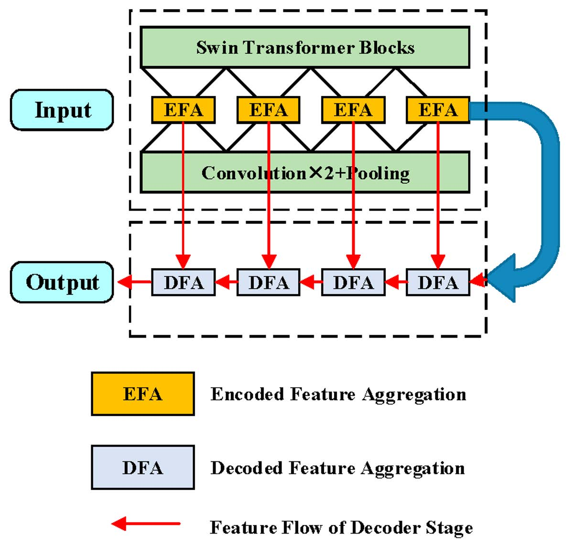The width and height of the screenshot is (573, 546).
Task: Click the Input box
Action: [62, 110]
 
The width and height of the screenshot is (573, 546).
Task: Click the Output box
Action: [62, 282]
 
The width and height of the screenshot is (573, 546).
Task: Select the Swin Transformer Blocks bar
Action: [305, 47]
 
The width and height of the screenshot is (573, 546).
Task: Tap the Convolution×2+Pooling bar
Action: [305, 173]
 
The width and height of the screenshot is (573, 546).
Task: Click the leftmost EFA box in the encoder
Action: [183, 110]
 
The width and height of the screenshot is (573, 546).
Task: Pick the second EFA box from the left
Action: [269, 110]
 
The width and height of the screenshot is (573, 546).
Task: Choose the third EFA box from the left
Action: [353, 110]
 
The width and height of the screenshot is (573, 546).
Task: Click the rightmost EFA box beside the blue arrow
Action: [438, 110]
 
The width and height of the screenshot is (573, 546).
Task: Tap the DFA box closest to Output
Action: [183, 283]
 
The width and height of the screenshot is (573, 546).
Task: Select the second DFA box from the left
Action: [269, 283]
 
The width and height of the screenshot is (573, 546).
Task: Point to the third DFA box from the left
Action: [353, 283]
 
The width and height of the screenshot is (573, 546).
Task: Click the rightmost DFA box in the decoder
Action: [438, 283]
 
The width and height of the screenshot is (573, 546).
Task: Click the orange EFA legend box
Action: [142, 394]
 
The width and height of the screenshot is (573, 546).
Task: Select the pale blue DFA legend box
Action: [142, 467]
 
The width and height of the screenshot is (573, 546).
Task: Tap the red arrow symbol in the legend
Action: [146, 524]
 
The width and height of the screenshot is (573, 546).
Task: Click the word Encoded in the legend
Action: [248, 394]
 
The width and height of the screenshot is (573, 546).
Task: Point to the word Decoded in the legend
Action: [248, 468]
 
